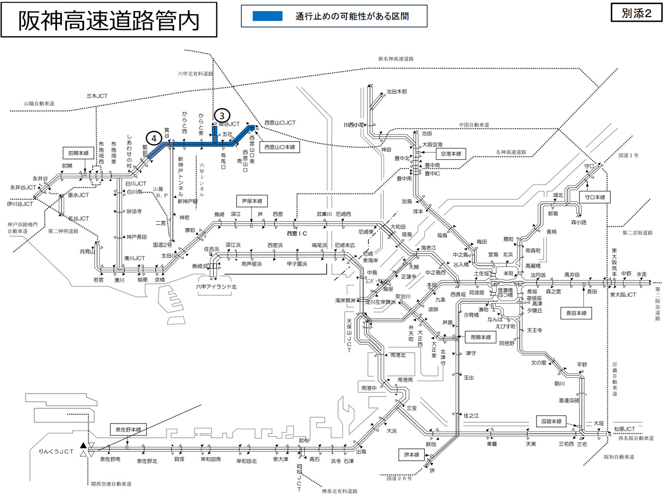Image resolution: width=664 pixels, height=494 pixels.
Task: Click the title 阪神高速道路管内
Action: [x=109, y=20]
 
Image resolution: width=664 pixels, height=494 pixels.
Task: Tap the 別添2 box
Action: [x=637, y=13]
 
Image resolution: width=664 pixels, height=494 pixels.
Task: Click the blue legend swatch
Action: [x=267, y=16]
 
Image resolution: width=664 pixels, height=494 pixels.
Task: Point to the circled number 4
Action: [x=154, y=139]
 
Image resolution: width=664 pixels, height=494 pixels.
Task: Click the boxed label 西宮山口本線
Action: [x=279, y=147]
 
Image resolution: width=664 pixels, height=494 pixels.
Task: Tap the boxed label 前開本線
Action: [x=78, y=153]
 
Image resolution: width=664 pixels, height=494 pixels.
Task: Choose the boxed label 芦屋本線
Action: [x=252, y=201]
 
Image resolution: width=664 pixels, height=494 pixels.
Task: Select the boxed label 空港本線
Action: [x=451, y=154]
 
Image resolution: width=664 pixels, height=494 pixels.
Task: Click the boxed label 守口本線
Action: [x=595, y=197]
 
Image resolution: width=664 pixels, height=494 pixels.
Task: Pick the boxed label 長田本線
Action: [x=576, y=313]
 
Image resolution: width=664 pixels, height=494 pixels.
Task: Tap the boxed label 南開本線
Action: [x=480, y=337]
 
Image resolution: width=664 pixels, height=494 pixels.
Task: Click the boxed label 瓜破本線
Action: [x=551, y=421]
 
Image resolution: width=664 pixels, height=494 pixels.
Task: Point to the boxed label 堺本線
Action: [x=411, y=455]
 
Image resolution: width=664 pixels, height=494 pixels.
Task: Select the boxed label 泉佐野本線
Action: [x=128, y=429]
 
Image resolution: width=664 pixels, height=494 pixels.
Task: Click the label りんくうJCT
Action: [x=56, y=451]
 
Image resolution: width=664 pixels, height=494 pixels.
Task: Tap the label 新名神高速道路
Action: [x=396, y=58]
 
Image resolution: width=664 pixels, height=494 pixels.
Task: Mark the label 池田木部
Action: [x=397, y=92]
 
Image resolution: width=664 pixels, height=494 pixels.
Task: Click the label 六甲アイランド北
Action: [x=216, y=287]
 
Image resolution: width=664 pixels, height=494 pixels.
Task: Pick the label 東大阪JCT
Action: [x=623, y=295]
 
